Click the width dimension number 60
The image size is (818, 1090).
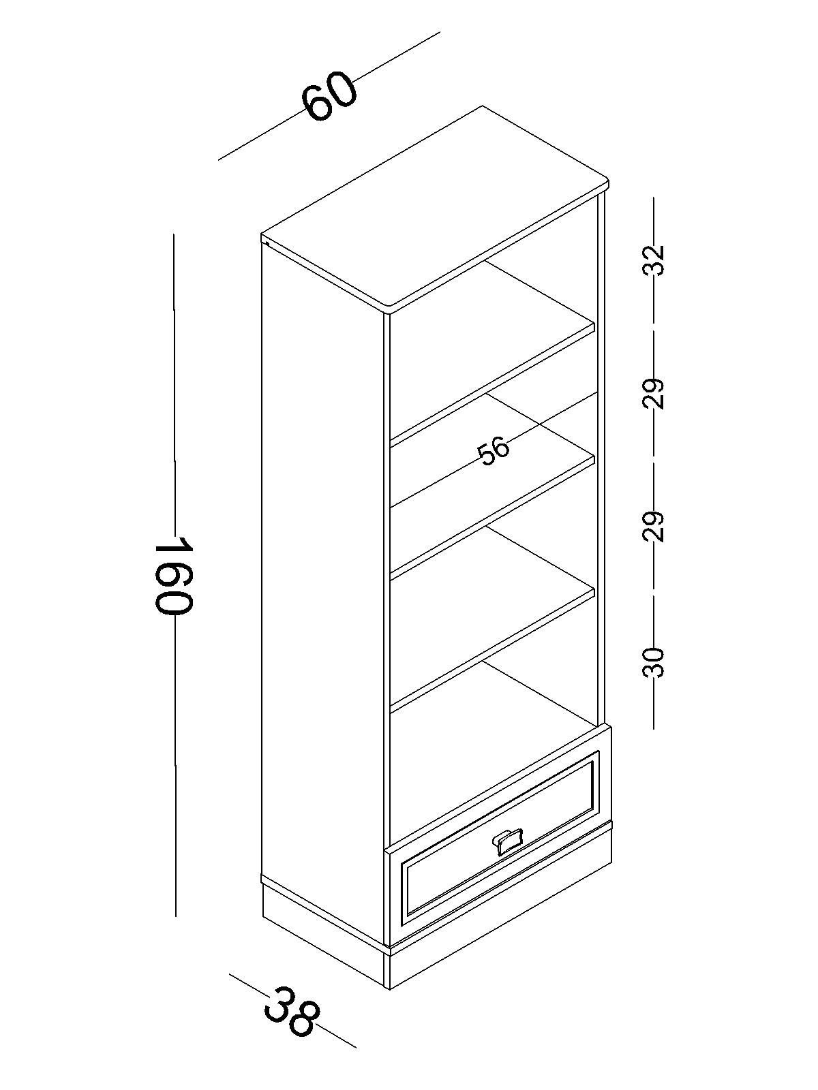pos(331,97)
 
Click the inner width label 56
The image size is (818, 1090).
pos(493,450)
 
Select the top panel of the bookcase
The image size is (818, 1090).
pos(435,210)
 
